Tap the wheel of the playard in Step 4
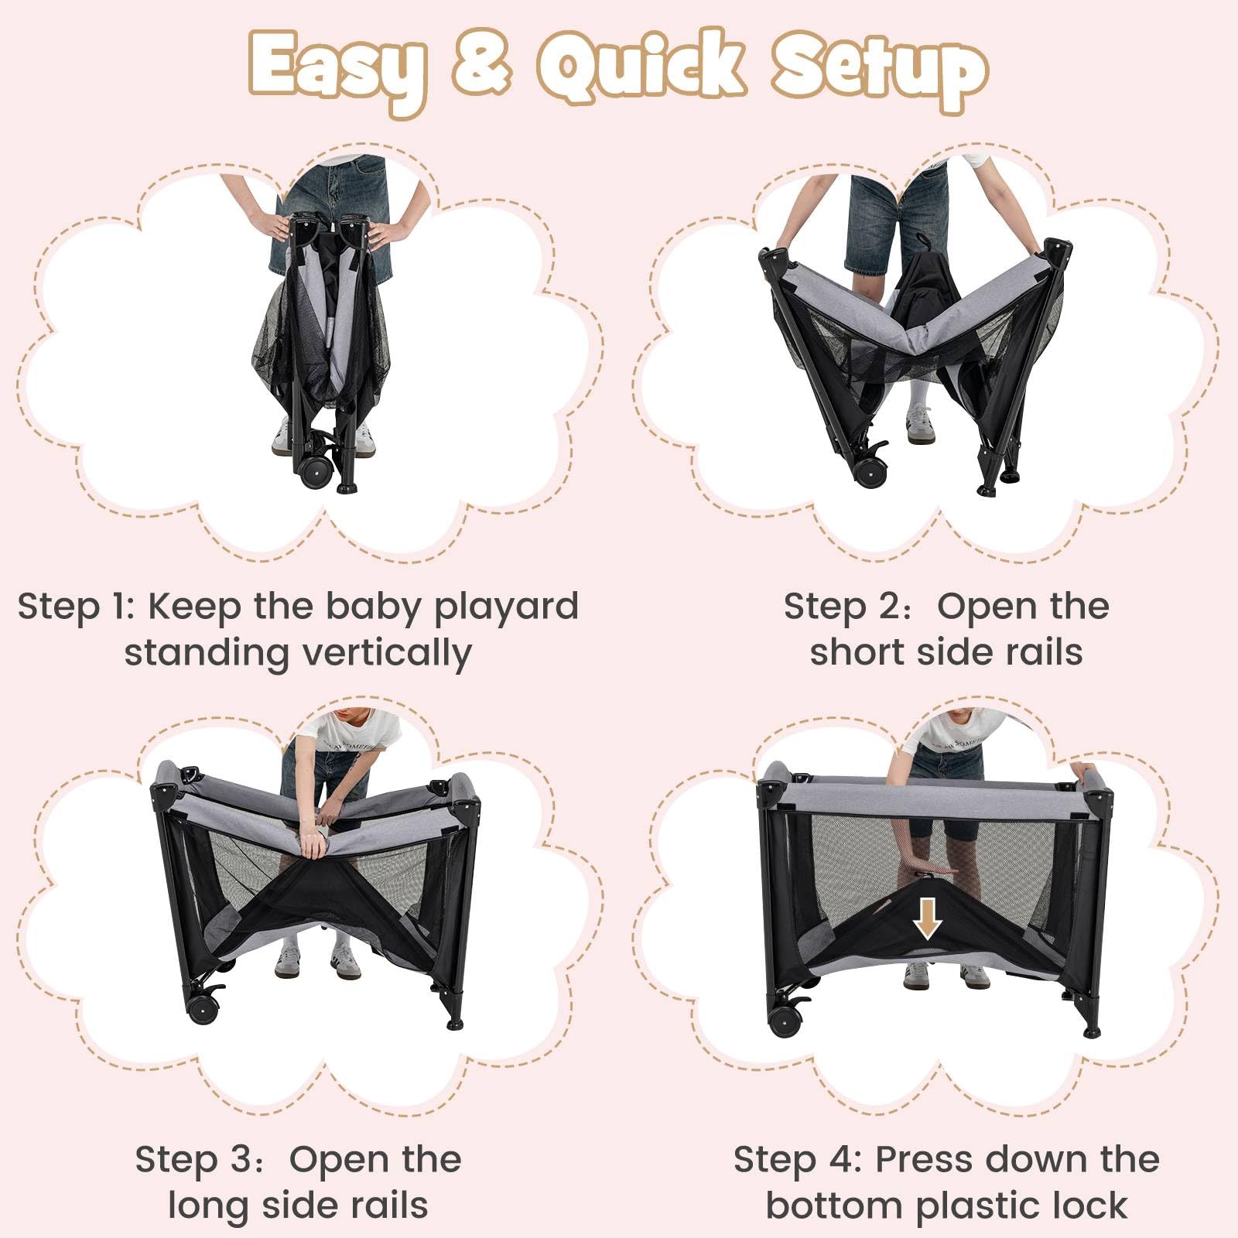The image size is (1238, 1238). pos(785,1021)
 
